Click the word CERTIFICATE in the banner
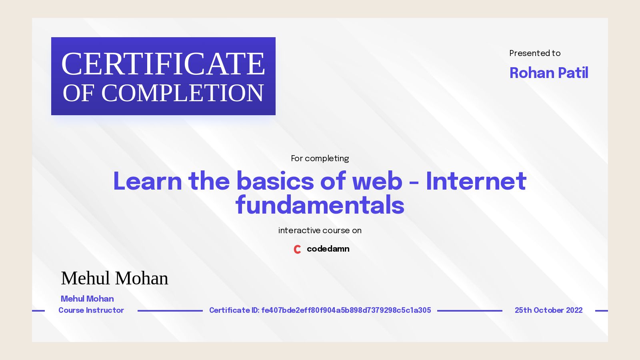pyautogui.click(x=163, y=64)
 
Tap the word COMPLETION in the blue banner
pyautogui.click(x=182, y=93)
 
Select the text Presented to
pyautogui.click(x=535, y=53)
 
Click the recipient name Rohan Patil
pyautogui.click(x=548, y=73)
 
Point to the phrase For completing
pyautogui.click(x=320, y=158)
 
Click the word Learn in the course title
pyautogui.click(x=147, y=181)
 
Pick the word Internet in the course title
pyautogui.click(x=476, y=181)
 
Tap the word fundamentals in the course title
pyautogui.click(x=320, y=205)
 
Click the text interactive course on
pyautogui.click(x=320, y=230)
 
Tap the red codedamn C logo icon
pyautogui.click(x=297, y=249)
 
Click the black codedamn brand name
pyautogui.click(x=328, y=249)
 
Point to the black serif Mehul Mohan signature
pyautogui.click(x=114, y=278)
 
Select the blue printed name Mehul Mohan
pyautogui.click(x=87, y=299)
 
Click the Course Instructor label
pyautogui.click(x=91, y=310)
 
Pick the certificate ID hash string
pyautogui.click(x=346, y=310)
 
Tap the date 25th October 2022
pyautogui.click(x=548, y=310)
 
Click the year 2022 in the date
pyautogui.click(x=574, y=310)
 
